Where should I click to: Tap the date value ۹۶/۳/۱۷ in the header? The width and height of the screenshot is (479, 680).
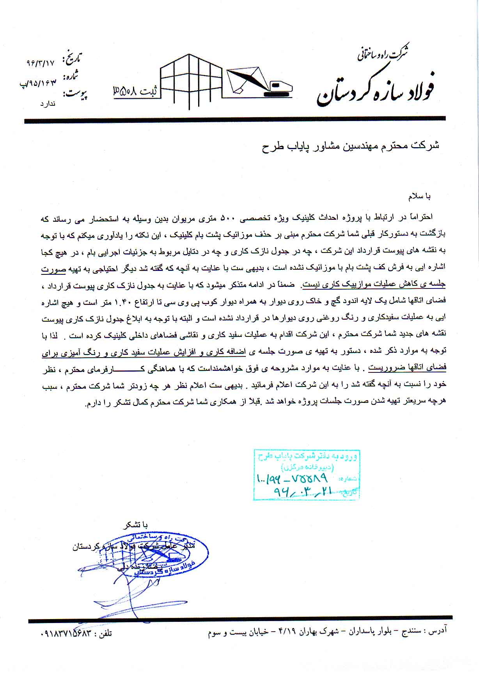41,62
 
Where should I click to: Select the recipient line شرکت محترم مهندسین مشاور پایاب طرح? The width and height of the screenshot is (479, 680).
350,146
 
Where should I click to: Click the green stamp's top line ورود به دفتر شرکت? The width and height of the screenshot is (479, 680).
306,456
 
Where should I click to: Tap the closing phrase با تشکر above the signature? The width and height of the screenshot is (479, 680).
135,525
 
